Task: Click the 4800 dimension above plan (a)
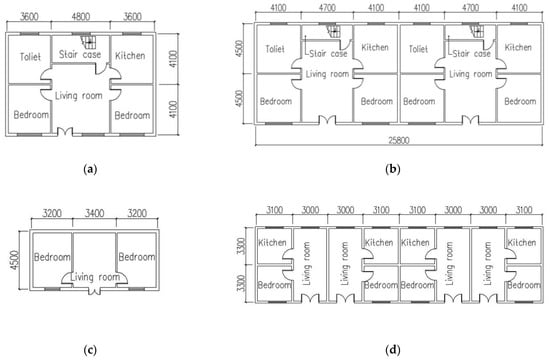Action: click(x=81, y=16)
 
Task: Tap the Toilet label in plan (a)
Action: click(x=30, y=56)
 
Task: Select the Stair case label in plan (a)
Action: click(x=80, y=54)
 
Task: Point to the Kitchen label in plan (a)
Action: click(x=130, y=55)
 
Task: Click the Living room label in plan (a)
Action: click(x=79, y=95)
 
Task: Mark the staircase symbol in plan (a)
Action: click(x=88, y=41)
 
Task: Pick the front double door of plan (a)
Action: click(x=65, y=131)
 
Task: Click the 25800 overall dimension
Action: click(x=399, y=140)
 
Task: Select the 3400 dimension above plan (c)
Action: click(x=94, y=213)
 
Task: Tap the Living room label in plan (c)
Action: click(x=95, y=277)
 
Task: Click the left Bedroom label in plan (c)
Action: click(x=52, y=257)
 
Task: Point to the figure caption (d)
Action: click(x=393, y=349)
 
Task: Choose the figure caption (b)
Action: click(x=393, y=169)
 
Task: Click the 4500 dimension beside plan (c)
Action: click(x=15, y=260)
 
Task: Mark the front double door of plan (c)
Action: click(x=94, y=290)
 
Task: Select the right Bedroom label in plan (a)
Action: click(x=132, y=115)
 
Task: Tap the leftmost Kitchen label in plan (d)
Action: click(x=272, y=242)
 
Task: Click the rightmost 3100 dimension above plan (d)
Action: click(x=524, y=210)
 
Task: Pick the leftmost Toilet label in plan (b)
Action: click(x=275, y=49)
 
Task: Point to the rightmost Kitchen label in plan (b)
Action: click(x=518, y=47)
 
